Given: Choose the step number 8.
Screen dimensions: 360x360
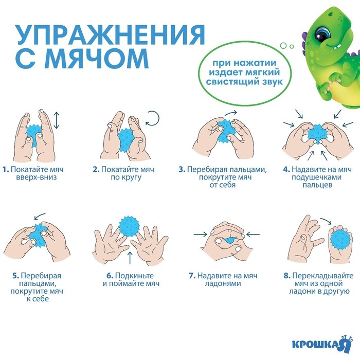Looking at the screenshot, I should pyautogui.click(x=286, y=275).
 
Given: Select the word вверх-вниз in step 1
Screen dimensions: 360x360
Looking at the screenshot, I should pyautogui.click(x=37, y=177).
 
